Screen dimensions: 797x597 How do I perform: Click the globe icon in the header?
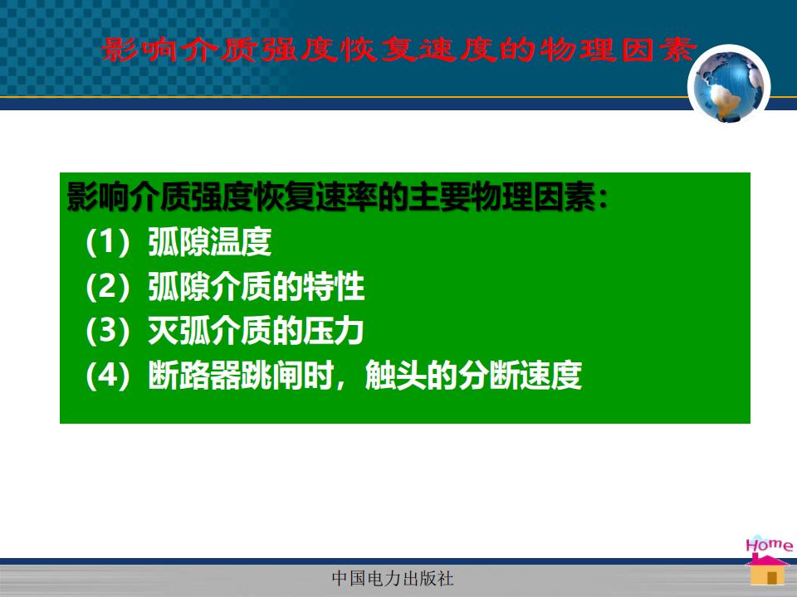coord(729,85)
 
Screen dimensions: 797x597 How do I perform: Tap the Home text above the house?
coord(769,545)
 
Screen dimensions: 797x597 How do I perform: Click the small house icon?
coord(767,570)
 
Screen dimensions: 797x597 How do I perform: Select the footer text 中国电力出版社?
coord(393,578)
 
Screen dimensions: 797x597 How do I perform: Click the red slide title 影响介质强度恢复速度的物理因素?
coord(398,51)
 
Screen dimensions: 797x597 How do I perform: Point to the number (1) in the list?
coord(108,242)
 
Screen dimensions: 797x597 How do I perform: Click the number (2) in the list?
coord(108,287)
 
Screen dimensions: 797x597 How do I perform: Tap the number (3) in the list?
coord(108,331)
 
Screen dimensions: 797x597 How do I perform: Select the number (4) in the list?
coord(108,376)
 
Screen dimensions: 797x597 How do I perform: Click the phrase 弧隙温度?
coord(210,241)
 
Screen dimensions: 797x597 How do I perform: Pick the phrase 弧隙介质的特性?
coord(257,286)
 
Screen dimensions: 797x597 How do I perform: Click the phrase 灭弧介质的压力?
coord(256,331)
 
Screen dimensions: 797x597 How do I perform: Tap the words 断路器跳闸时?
coord(241,376)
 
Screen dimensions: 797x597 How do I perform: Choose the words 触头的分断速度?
coord(474,376)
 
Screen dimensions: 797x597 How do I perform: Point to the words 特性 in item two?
coord(334,286)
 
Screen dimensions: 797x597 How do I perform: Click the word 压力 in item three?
coord(334,331)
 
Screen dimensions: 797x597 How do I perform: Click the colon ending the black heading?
coord(603,198)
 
